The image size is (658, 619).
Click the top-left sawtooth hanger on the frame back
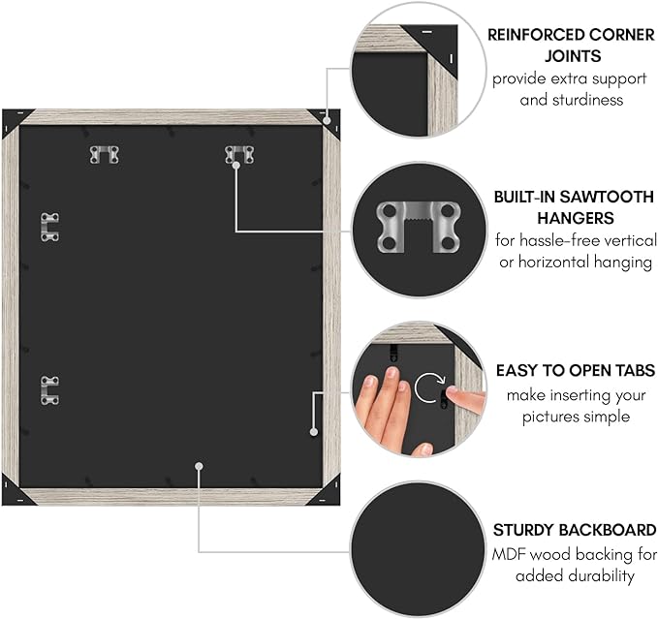tap(104, 154)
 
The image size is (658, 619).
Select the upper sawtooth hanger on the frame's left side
tap(50, 227)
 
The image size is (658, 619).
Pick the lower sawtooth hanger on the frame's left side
tap(50, 390)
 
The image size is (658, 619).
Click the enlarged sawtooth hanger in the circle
tap(419, 227)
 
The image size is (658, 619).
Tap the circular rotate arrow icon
tap(429, 387)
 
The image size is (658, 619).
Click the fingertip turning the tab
tap(454, 393)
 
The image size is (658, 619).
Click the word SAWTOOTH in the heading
tap(607, 197)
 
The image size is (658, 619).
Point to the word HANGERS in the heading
tap(576, 218)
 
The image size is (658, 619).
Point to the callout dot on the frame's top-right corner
tap(327, 121)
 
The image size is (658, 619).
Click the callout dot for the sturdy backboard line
tap(199, 466)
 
